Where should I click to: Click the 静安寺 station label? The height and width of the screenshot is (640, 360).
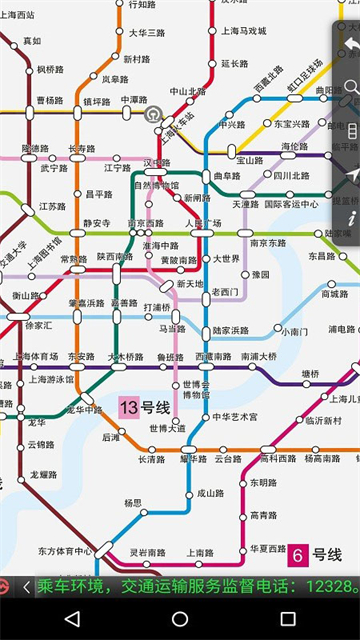coord(97,223)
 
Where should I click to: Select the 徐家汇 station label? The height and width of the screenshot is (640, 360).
coord(39,325)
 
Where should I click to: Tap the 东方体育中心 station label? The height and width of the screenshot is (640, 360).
coord(65,550)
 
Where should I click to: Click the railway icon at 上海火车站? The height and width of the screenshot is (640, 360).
coord(153,114)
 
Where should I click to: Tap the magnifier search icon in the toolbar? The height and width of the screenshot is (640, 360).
coord(351,88)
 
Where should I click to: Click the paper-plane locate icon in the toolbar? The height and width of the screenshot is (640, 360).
coord(351,174)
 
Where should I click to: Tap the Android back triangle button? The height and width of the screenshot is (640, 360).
coord(72,619)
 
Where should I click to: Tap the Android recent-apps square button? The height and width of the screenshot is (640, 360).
coord(288,619)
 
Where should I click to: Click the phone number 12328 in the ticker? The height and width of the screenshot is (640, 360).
coord(329,586)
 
